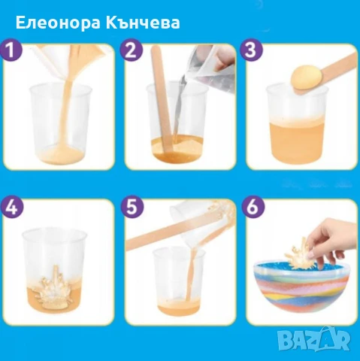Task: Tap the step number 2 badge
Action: (133, 51)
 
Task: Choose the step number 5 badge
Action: (133, 207)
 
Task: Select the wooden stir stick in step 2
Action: (163, 90)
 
